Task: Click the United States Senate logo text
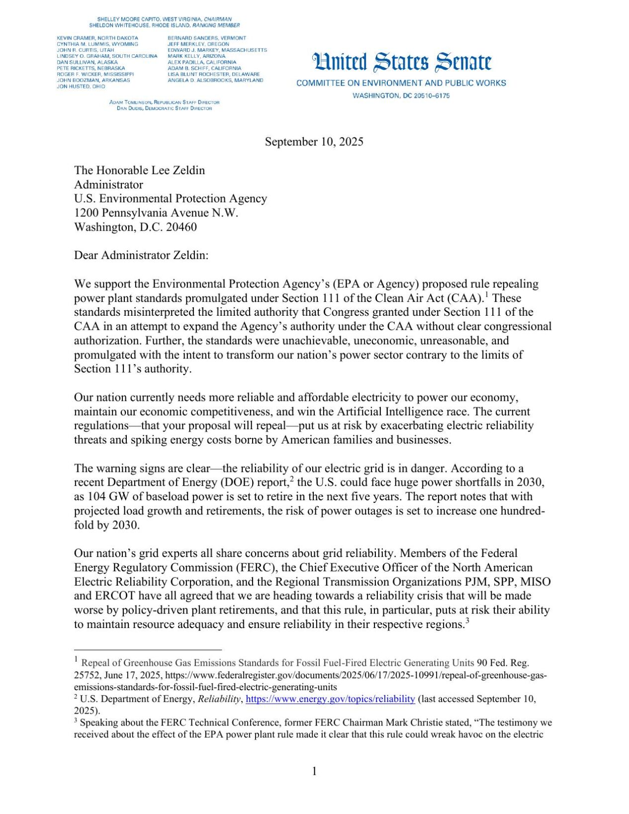tap(402, 63)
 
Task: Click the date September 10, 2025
tap(314, 142)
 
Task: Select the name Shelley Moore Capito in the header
tap(128, 19)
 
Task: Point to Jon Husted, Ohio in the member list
tap(81, 87)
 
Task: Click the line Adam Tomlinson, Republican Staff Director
tap(164, 102)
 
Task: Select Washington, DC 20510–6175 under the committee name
tap(401, 95)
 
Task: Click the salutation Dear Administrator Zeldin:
tap(141, 256)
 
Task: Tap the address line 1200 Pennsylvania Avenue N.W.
tap(156, 213)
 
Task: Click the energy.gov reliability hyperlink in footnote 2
tap(330, 699)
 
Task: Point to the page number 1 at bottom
tap(314, 771)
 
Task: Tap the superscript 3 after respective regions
tap(467, 621)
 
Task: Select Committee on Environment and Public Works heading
tap(401, 83)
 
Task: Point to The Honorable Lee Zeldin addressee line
tap(139, 171)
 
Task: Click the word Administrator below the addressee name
tap(108, 184)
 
